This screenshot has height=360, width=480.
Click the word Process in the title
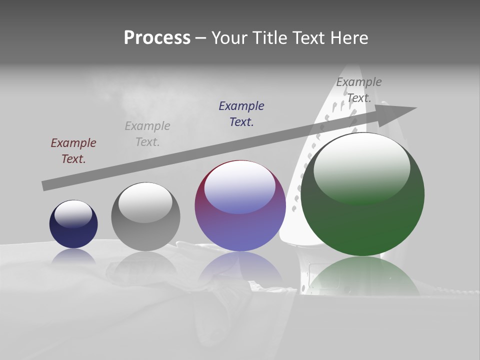[157, 38]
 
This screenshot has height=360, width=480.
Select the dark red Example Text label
[73, 151]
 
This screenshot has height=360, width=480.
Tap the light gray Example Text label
[147, 134]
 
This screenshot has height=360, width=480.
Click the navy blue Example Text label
[241, 114]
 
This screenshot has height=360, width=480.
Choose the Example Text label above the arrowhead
[359, 90]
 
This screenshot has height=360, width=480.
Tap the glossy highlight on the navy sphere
[73, 213]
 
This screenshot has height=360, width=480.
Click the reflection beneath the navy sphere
[73, 256]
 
